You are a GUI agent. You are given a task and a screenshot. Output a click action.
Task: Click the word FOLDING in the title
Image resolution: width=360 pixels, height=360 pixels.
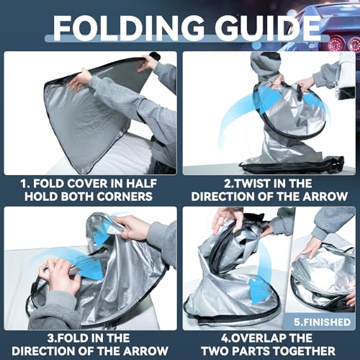129,28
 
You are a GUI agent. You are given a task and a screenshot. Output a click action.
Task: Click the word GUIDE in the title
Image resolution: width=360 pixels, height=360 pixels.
268,28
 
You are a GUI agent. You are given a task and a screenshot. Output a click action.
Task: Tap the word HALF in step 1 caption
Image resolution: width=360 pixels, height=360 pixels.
142,184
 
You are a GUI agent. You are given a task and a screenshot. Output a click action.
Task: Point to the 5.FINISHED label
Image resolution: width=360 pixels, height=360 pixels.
323,322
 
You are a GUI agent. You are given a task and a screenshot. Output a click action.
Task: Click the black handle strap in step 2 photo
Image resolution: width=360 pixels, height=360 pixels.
300,91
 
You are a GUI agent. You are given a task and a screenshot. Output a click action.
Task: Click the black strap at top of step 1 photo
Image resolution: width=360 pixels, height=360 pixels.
155,56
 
